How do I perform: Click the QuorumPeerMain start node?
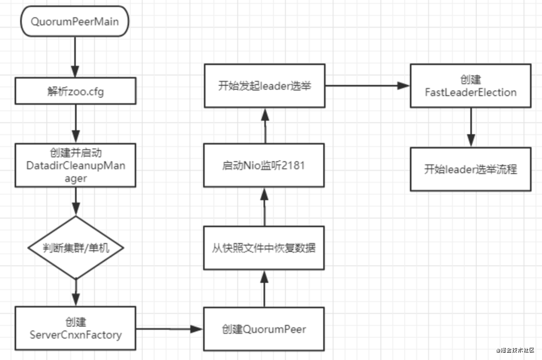[75, 21]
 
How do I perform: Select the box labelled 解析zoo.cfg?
[75, 91]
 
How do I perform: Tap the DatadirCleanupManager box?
[75, 165]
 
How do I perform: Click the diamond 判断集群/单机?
[76, 248]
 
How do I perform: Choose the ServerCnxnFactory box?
[75, 328]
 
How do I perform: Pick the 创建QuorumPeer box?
[264, 329]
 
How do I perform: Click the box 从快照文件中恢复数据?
[264, 248]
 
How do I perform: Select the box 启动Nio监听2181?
[264, 165]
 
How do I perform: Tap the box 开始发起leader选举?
[265, 86]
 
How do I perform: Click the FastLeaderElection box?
[471, 86]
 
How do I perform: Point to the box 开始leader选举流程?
[471, 169]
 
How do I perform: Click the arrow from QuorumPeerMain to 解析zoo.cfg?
[75, 57]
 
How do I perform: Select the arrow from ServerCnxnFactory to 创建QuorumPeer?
[169, 329]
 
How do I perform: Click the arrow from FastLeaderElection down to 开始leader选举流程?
[471, 127]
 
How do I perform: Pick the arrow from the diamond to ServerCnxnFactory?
[76, 293]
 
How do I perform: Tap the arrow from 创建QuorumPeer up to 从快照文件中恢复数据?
[264, 289]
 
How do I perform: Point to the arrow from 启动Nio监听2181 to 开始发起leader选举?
[265, 126]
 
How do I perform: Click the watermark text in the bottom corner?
[515, 350]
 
